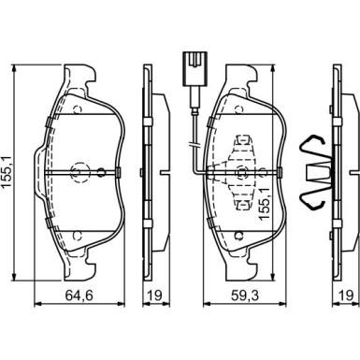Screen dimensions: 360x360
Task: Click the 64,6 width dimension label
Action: (x=79, y=295)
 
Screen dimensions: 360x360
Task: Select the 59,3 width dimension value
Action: (x=245, y=295)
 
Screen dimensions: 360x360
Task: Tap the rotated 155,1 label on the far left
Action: (x=7, y=171)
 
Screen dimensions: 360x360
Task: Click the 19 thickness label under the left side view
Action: (x=155, y=295)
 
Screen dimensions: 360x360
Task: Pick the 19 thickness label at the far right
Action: (x=346, y=295)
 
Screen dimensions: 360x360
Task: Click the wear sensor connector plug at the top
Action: (x=194, y=68)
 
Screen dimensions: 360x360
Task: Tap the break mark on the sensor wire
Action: (x=194, y=145)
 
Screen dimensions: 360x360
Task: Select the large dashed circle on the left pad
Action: (x=80, y=172)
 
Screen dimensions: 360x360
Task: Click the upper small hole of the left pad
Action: (x=77, y=109)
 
